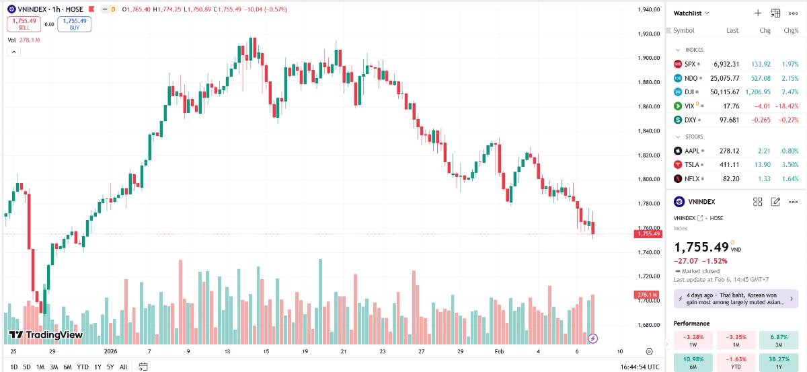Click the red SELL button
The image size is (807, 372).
(x=23, y=24)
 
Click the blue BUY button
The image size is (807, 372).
(x=74, y=24)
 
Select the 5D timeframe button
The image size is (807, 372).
(x=27, y=367)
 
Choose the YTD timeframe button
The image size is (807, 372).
(x=83, y=367)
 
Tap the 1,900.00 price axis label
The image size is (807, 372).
(x=648, y=58)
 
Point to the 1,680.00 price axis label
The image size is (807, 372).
(x=648, y=325)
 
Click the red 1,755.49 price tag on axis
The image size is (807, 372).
(x=648, y=233)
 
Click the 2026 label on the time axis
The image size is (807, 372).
(x=111, y=351)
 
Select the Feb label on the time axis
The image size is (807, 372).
(x=499, y=351)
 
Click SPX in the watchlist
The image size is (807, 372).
(x=690, y=64)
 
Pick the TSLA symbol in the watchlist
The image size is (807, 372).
(x=693, y=164)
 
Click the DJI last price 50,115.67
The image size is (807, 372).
(x=726, y=91)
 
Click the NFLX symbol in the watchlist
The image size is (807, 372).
(x=693, y=178)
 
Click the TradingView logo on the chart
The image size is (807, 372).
(x=46, y=335)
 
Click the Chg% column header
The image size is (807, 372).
(x=791, y=30)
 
